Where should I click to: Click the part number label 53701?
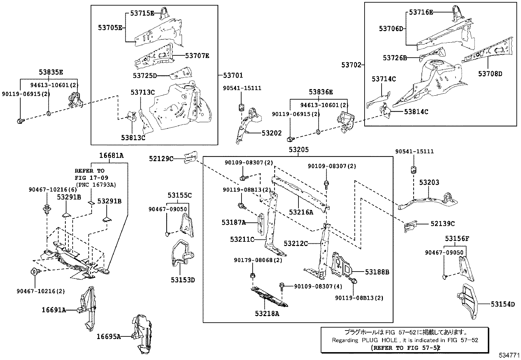[233, 76]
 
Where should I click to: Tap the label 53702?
[351, 65]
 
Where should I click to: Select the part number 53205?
[298, 150]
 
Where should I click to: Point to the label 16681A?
[112, 156]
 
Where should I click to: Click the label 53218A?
[267, 313]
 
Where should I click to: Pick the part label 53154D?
[503, 304]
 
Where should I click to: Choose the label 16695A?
[109, 336]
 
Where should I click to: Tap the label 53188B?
[377, 272]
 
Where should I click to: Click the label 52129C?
[161, 159]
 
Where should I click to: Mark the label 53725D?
[145, 76]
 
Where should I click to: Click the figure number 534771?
[509, 355]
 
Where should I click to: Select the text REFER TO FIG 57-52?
[406, 348]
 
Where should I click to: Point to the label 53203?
[429, 182]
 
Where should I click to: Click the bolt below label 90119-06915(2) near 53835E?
[19, 121]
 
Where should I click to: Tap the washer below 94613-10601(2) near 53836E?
[318, 132]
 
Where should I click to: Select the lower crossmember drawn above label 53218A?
[269, 297]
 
